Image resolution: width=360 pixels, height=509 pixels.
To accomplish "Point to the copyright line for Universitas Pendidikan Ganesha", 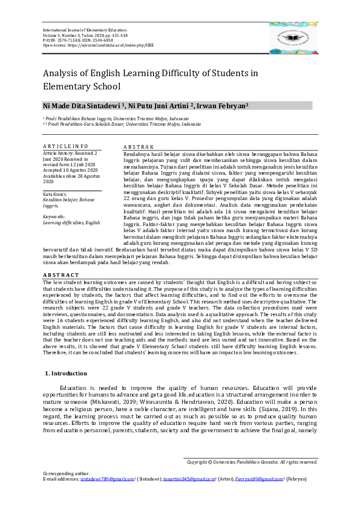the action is pyautogui.click(x=252, y=462).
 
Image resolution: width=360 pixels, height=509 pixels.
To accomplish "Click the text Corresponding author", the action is pyautogui.click(x=64, y=473).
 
